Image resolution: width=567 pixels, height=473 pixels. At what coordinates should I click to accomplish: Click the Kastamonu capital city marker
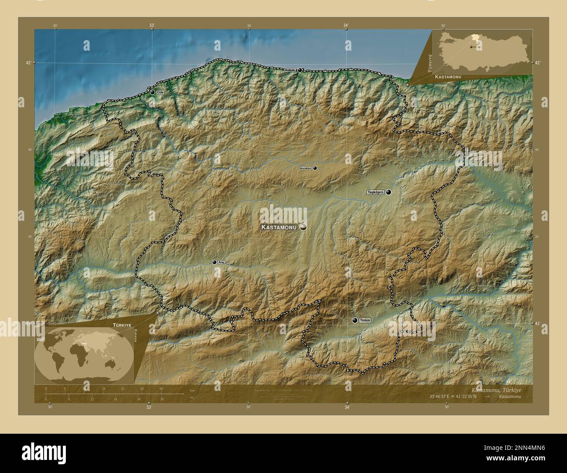coord(303,227)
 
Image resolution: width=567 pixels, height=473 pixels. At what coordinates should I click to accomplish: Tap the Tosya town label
coord(365,320)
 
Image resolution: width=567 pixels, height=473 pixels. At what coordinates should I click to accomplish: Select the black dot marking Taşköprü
coord(388,192)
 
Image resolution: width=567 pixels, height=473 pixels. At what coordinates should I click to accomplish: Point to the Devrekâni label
coord(305,168)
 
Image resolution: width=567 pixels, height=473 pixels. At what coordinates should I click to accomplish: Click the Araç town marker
coord(214,262)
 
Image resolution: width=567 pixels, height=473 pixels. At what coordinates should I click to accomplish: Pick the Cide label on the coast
coord(160,93)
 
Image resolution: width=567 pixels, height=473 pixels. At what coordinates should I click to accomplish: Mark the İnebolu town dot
coord(300,70)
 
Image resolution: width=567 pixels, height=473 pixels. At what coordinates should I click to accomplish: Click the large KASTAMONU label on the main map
coord(278,227)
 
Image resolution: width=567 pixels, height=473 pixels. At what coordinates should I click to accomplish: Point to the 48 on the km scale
coord(161,389)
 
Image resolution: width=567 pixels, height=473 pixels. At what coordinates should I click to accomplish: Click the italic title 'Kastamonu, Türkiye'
coord(496,389)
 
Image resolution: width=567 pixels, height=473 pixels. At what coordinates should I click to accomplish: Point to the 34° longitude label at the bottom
coord(347,408)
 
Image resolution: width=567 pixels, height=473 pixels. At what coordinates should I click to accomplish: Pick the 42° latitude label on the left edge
coord(28,63)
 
